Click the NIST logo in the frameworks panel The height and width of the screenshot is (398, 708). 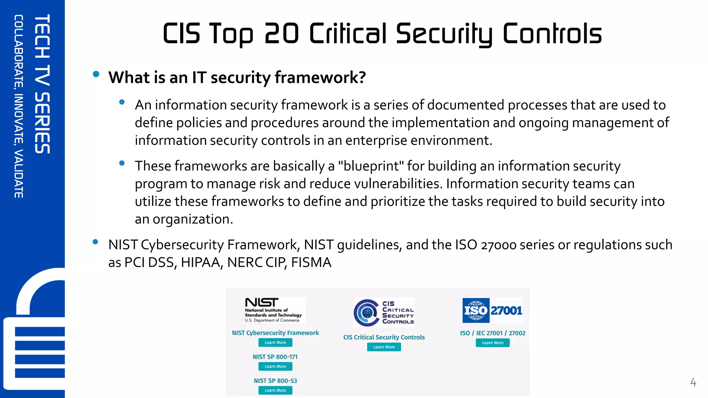tap(262, 303)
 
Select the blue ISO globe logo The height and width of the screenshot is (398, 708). tap(476, 310)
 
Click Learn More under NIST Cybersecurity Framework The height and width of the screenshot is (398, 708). tap(275, 342)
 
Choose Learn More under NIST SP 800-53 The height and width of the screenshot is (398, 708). tap(275, 390)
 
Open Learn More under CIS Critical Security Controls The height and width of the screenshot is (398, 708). tap(384, 347)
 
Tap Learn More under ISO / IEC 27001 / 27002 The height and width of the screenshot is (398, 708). tap(492, 343)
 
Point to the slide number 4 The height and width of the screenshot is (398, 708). tap(693, 382)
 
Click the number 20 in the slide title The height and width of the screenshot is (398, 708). tap(281, 34)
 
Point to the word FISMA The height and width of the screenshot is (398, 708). tap(311, 263)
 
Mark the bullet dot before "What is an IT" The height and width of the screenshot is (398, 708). tap(96, 74)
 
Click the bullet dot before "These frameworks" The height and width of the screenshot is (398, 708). tap(122, 163)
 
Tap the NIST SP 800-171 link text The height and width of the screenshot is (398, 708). tap(275, 357)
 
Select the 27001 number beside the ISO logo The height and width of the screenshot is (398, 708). tap(506, 310)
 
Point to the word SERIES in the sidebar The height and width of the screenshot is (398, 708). tap(43, 123)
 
